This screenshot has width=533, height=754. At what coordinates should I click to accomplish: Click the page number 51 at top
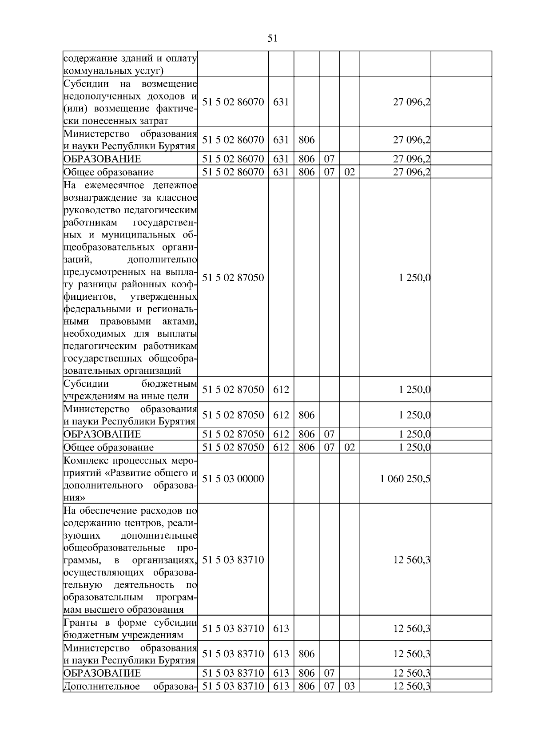tap(272, 38)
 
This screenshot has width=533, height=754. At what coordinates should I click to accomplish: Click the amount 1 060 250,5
tap(405, 479)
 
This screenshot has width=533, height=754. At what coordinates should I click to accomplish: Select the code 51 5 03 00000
tap(233, 479)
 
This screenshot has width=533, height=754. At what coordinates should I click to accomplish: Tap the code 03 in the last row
tap(350, 686)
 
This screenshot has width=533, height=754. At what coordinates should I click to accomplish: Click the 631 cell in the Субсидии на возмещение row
tap(281, 102)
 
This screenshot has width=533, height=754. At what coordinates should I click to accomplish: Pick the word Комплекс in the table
tap(84, 460)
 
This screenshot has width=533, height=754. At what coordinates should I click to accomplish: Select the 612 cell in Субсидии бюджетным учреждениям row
tap(281, 390)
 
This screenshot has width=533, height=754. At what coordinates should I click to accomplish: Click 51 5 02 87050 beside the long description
tap(233, 278)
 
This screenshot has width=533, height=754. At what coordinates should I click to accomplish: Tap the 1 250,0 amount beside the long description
tap(414, 278)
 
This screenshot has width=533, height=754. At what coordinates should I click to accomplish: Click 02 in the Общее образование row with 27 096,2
tap(350, 172)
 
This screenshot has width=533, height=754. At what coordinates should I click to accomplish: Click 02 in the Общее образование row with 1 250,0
tap(350, 447)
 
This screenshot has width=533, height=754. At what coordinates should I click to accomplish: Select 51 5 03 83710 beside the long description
tap(233, 560)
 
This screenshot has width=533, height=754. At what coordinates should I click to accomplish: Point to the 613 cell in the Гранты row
tap(281, 628)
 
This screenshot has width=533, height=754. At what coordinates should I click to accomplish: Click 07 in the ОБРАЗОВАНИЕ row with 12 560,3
tap(329, 673)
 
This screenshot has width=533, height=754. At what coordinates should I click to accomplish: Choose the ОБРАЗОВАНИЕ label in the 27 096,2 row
tap(102, 159)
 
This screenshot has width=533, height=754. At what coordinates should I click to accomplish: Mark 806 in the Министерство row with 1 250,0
tap(306, 415)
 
